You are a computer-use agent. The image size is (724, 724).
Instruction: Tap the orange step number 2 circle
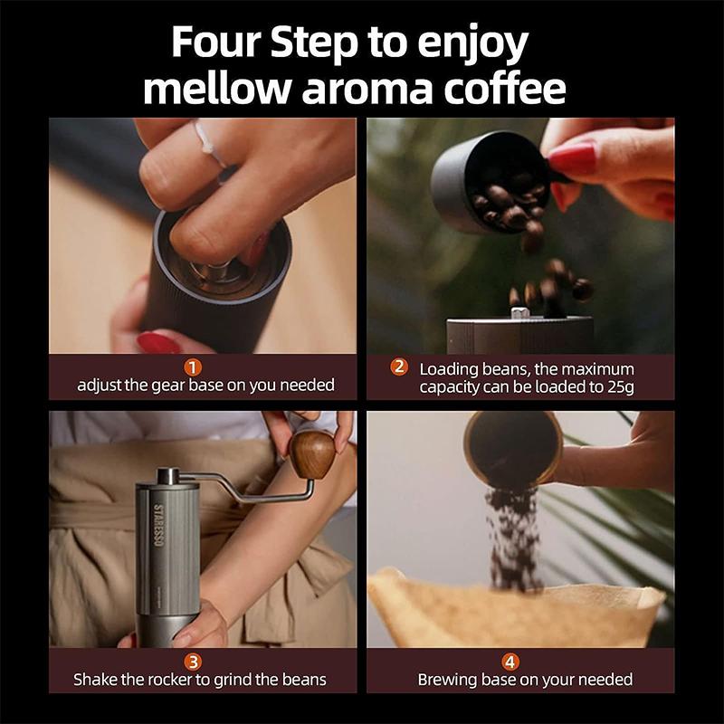click(398, 367)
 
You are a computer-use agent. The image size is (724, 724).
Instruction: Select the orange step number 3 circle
click(193, 661)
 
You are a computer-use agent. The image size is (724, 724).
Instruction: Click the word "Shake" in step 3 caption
click(97, 679)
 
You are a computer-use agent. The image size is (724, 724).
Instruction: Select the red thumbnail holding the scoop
click(572, 160)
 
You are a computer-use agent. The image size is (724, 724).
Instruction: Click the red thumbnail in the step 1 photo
click(157, 343)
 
